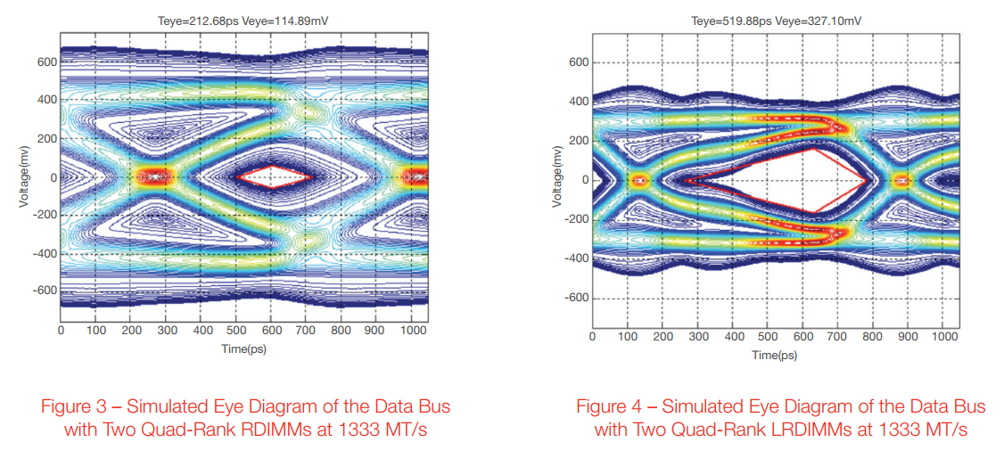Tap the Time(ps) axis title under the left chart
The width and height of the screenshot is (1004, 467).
click(243, 348)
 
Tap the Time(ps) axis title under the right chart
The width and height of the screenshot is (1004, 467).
click(775, 356)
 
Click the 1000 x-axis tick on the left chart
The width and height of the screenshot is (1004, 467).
click(410, 331)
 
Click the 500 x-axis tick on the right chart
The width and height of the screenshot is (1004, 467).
click(769, 337)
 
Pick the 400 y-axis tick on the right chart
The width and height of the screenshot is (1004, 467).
click(578, 102)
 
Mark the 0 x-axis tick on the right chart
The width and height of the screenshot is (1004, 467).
click(592, 337)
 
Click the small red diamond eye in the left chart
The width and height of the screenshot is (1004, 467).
click(273, 176)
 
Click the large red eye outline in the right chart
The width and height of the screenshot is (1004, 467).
click(776, 180)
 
